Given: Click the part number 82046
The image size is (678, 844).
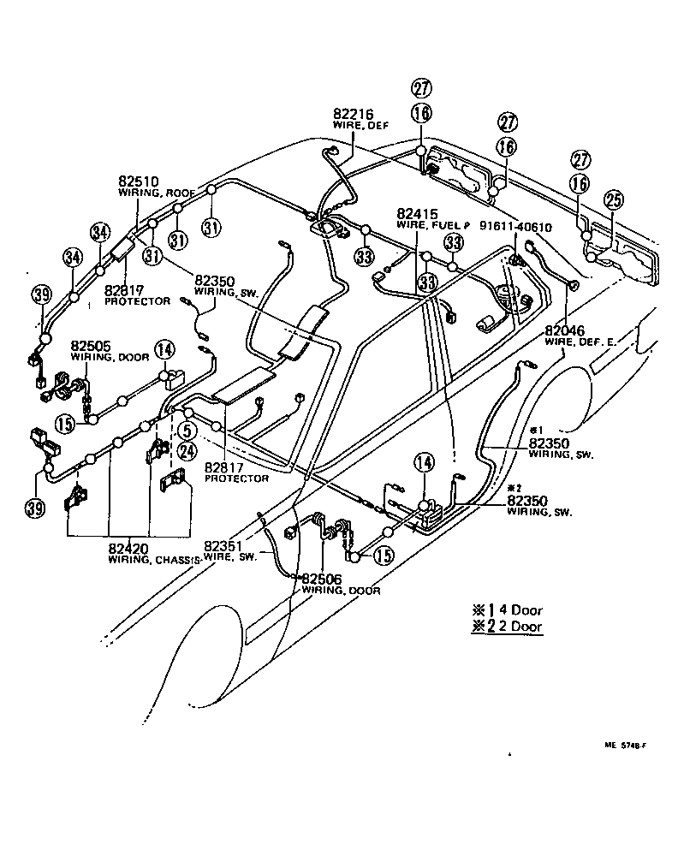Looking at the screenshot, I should coord(565,331).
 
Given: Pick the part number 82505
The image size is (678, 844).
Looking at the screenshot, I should coord(90,347).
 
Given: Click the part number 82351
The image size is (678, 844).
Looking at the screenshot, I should coord(223,544).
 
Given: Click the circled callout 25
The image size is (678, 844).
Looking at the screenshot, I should coord(613,199).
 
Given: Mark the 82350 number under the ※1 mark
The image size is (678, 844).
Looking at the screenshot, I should coord(550,443).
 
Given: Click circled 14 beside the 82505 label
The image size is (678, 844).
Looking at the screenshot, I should coord(164,348).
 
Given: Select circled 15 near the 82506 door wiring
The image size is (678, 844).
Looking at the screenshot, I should coord(384,556).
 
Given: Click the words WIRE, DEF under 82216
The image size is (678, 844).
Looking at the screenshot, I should coord(355,126).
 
